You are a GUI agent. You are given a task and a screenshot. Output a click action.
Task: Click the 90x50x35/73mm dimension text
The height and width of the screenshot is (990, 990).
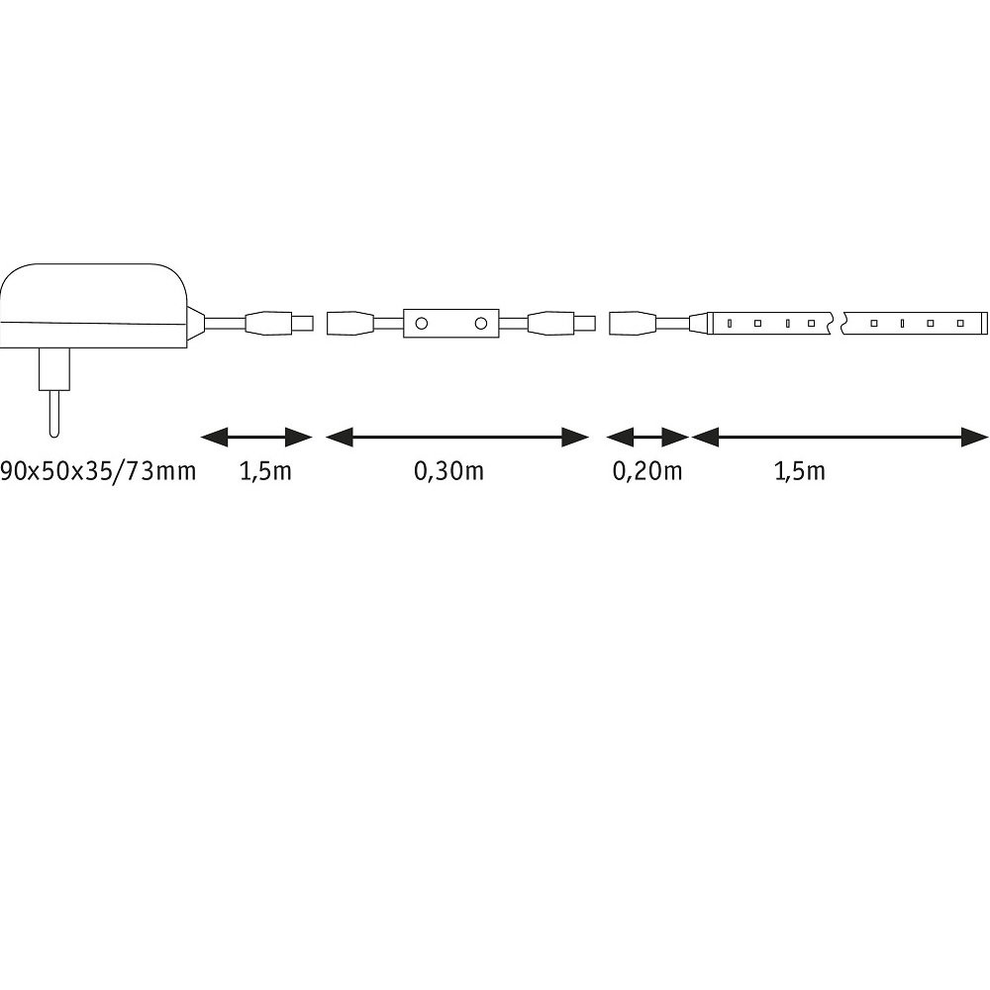pyautogui.click(x=98, y=471)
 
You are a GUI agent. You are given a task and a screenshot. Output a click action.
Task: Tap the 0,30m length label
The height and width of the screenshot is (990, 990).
pyautogui.click(x=448, y=471)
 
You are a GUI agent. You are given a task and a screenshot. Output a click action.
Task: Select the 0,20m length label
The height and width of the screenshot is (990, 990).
pyautogui.click(x=647, y=471)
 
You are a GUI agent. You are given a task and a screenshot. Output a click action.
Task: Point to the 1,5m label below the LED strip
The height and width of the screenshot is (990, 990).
pyautogui.click(x=799, y=471)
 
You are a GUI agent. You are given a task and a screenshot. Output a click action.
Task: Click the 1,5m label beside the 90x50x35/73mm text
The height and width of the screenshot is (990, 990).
pyautogui.click(x=265, y=471)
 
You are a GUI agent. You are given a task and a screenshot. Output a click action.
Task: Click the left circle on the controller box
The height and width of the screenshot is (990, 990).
pyautogui.click(x=421, y=324)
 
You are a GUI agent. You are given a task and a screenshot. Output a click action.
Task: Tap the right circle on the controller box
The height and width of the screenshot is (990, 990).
pyautogui.click(x=481, y=324)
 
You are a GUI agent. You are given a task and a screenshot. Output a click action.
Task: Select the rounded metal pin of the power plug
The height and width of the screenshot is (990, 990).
pyautogui.click(x=54, y=413)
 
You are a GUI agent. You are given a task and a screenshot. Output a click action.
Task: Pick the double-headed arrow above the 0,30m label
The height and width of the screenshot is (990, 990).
pyautogui.click(x=457, y=437)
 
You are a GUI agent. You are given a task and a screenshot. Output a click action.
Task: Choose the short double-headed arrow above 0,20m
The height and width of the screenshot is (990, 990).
pyautogui.click(x=647, y=437)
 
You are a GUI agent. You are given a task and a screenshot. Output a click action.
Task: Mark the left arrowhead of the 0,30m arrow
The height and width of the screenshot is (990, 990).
pyautogui.click(x=339, y=437)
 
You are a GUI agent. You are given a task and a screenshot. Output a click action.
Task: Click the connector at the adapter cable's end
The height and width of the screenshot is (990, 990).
pyautogui.click(x=278, y=324)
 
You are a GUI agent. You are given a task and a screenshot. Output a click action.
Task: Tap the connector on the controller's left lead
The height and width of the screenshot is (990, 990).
pyautogui.click(x=350, y=324)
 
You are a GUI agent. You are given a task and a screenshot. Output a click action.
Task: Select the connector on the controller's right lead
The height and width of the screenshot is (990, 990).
pyautogui.click(x=561, y=324)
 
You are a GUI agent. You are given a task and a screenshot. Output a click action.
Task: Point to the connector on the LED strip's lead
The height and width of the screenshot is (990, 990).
pyautogui.click(x=633, y=324)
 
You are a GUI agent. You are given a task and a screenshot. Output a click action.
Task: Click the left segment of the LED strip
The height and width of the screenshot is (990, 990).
pyautogui.click(x=771, y=324)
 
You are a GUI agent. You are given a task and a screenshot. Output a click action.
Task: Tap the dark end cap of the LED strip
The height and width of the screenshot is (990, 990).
pyautogui.click(x=982, y=324)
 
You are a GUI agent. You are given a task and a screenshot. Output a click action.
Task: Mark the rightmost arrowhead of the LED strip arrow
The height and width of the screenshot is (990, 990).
pyautogui.click(x=975, y=437)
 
